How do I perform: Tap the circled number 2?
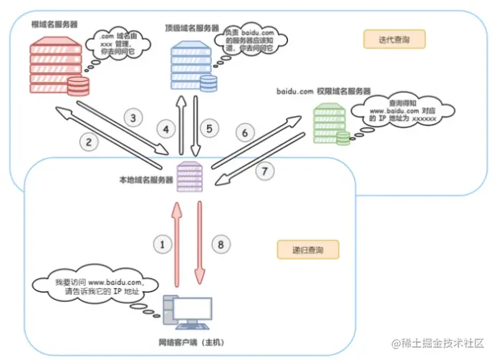[89, 142]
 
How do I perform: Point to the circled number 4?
[168, 130]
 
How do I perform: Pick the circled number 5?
[209, 130]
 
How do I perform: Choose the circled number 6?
[245, 133]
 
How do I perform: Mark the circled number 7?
[264, 172]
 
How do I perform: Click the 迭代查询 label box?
[392, 39]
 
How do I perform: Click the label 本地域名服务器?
[146, 181]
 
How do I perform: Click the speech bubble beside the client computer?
[100, 286]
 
